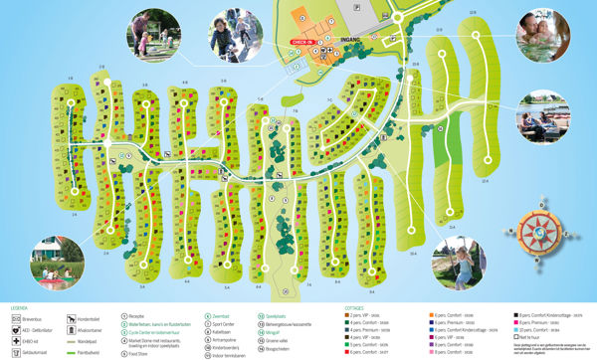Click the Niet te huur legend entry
[531, 338]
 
